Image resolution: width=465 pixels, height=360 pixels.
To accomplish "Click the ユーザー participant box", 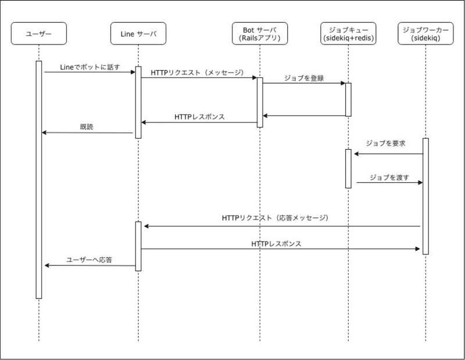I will click(38, 33).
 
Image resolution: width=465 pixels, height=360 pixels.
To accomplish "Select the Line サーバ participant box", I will click(138, 33).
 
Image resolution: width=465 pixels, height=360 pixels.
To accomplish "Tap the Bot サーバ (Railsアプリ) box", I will click(260, 33).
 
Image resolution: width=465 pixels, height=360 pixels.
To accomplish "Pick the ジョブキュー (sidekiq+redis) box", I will click(348, 33).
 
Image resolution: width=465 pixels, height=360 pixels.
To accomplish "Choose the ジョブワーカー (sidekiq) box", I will click(425, 33).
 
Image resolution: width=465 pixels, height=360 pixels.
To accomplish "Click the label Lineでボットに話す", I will click(90, 68).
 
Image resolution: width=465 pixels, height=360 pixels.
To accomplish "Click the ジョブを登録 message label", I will click(304, 78).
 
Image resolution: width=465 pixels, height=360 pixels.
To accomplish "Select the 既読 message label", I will click(87, 127).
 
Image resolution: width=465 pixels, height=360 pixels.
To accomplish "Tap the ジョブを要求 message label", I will click(385, 143).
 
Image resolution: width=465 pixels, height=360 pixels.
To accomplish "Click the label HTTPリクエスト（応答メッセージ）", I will click(276, 218).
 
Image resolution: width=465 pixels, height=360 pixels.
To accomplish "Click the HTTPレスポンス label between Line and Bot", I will click(199, 117).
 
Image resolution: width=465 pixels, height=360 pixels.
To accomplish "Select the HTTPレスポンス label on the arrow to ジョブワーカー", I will click(276, 243).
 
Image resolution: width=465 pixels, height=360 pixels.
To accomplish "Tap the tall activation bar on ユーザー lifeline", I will click(39, 180).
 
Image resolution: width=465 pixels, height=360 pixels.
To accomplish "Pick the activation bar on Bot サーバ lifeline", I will click(260, 102).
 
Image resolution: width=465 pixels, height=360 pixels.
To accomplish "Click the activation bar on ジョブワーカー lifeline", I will click(425, 196).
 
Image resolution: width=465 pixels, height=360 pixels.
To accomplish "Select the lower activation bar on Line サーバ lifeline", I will click(138, 246).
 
